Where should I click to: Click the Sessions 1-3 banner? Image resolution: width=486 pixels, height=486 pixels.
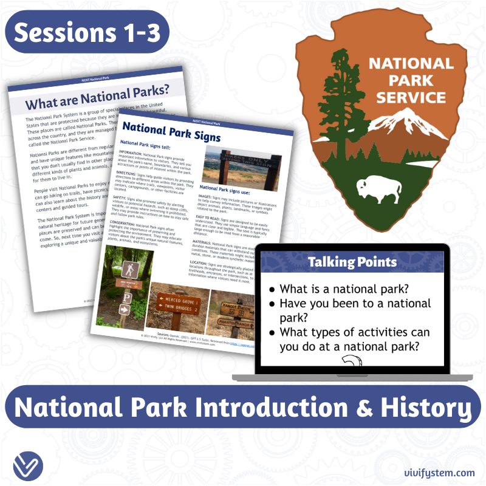pos(86,33)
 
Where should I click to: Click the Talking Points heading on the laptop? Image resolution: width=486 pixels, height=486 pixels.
pos(352,262)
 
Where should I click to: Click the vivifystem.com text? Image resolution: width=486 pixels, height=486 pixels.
pos(439,472)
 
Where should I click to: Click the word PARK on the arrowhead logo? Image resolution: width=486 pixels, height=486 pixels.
pos(411,80)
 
